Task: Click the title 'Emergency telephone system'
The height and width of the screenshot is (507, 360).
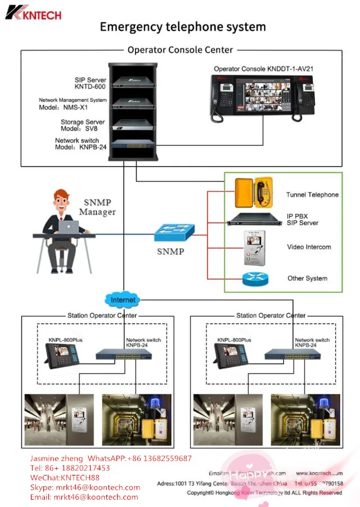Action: pos(182,26)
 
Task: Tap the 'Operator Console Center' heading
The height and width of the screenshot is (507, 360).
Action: pos(180,50)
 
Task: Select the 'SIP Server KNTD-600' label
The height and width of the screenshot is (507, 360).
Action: pos(91,84)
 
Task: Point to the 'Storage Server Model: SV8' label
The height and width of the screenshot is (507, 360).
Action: pos(83,125)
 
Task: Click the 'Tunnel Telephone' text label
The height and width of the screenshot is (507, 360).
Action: pos(312,195)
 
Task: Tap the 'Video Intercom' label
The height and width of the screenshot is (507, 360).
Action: pos(309,247)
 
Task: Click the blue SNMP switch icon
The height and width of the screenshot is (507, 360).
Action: pos(175,232)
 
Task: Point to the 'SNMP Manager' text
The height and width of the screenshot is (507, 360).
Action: pos(97,208)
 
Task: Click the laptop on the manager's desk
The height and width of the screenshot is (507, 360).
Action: pos(69,226)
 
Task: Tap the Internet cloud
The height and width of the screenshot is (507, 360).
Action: pos(123,300)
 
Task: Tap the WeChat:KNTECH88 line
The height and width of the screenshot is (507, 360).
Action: pos(65,478)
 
